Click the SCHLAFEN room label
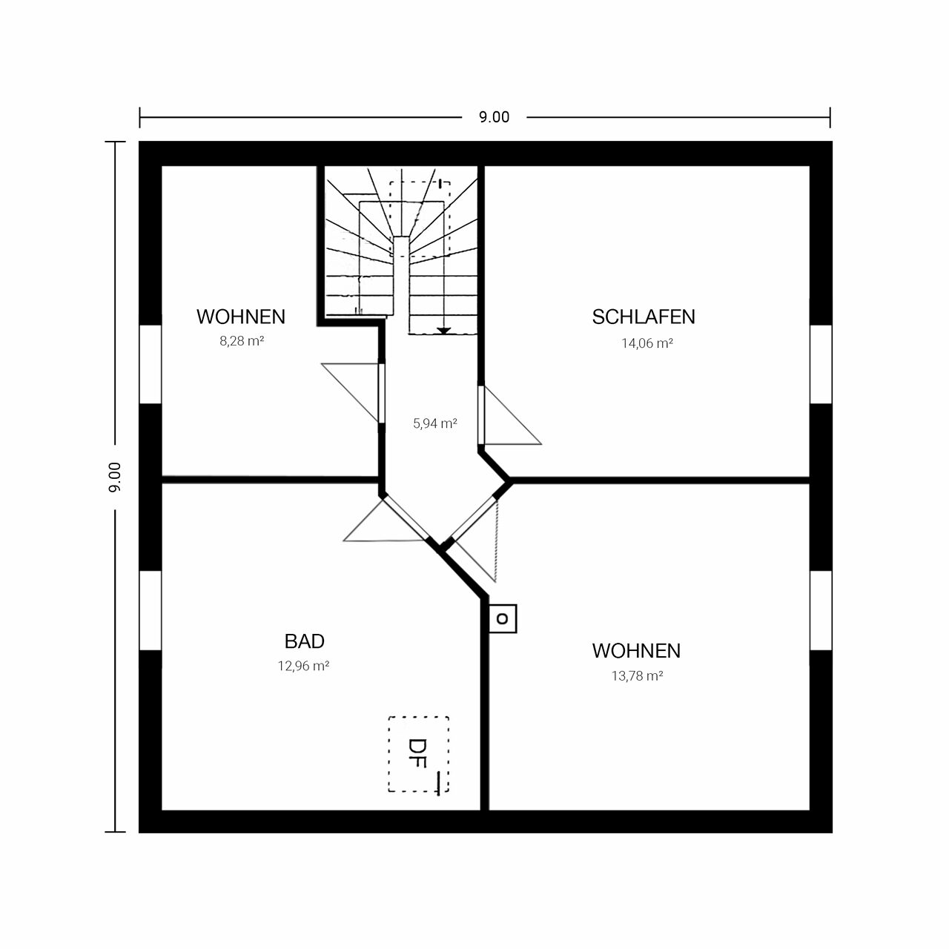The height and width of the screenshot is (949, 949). (x=644, y=317)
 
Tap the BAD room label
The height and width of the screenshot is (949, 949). (x=305, y=641)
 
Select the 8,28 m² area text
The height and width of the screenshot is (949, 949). (x=242, y=341)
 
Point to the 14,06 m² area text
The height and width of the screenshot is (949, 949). (x=647, y=343)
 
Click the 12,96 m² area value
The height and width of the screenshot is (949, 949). (x=303, y=666)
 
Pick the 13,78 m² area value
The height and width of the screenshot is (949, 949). (x=638, y=675)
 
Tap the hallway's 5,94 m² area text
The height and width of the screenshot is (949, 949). (x=435, y=423)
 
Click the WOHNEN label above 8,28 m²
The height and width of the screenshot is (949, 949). (x=241, y=317)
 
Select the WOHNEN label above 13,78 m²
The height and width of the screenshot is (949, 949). (x=636, y=651)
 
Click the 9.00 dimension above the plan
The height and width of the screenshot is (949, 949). (x=494, y=117)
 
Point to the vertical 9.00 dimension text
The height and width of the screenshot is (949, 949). (x=115, y=477)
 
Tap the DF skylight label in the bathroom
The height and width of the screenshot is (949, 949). (x=417, y=753)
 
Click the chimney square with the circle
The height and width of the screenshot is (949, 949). (x=503, y=618)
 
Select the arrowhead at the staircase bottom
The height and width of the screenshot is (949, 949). (x=443, y=331)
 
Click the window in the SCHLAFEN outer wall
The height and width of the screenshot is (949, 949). (x=821, y=365)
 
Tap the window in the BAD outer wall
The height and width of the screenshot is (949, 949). (x=151, y=611)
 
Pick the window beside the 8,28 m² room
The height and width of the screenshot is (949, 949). (x=151, y=365)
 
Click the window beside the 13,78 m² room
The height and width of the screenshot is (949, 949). (x=821, y=611)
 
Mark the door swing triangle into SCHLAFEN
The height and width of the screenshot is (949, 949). (x=512, y=415)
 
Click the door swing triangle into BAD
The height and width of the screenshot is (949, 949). (x=383, y=521)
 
